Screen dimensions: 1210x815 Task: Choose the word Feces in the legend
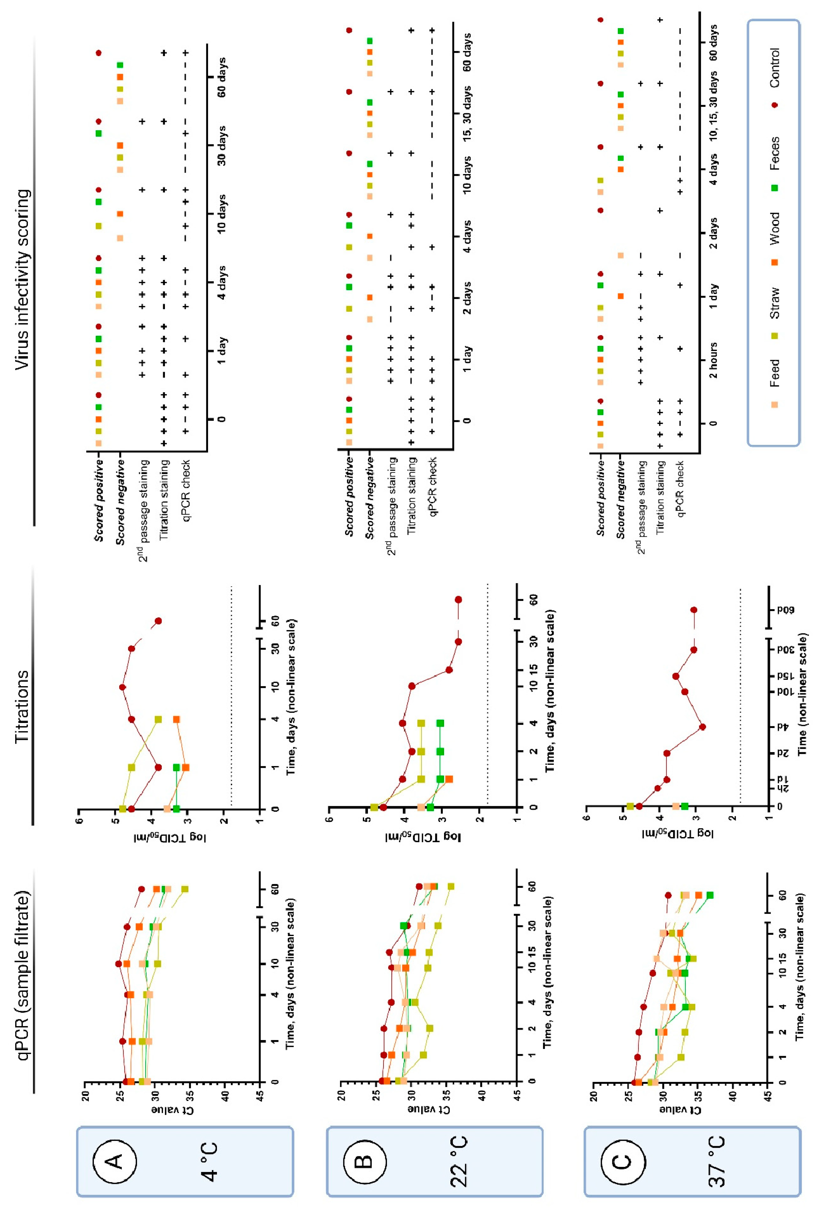point(774,154)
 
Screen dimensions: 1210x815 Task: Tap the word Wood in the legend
point(774,229)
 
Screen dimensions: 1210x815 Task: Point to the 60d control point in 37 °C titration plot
point(693,610)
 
